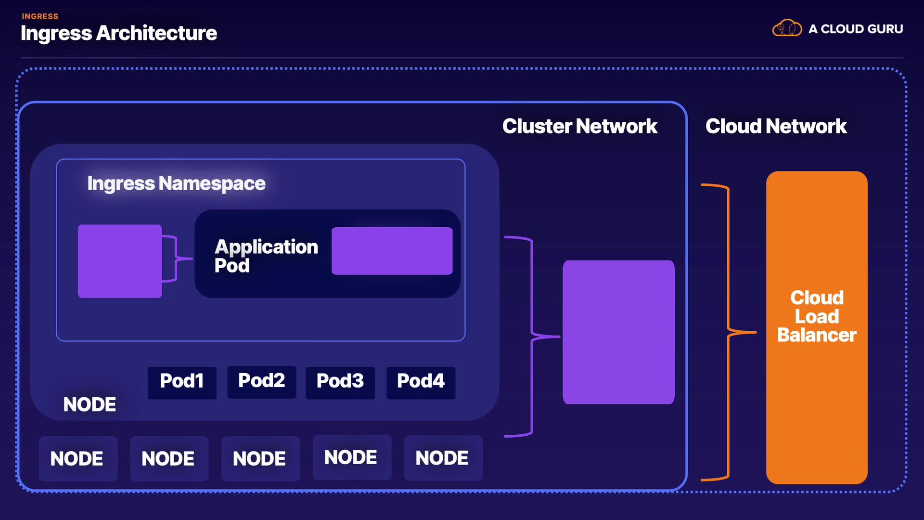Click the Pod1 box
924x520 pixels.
click(182, 382)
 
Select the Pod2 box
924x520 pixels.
click(261, 381)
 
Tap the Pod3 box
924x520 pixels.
click(340, 382)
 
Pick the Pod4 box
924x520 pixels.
click(421, 382)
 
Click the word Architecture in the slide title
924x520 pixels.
click(156, 33)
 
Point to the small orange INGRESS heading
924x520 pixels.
click(40, 16)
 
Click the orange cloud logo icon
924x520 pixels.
click(787, 28)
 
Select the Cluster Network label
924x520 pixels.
click(579, 127)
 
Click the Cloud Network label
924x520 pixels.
click(776, 127)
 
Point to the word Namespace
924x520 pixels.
click(212, 183)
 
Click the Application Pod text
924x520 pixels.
click(266, 256)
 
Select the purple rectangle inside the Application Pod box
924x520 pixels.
click(392, 251)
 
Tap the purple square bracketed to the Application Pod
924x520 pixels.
click(120, 261)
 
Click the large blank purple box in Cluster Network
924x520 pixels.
click(618, 332)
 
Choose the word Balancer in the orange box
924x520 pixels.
click(817, 335)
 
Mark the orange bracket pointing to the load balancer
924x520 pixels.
click(728, 332)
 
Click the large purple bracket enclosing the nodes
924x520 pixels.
click(532, 336)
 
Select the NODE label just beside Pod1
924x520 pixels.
click(90, 405)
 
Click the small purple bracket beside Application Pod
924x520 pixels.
click(176, 259)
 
